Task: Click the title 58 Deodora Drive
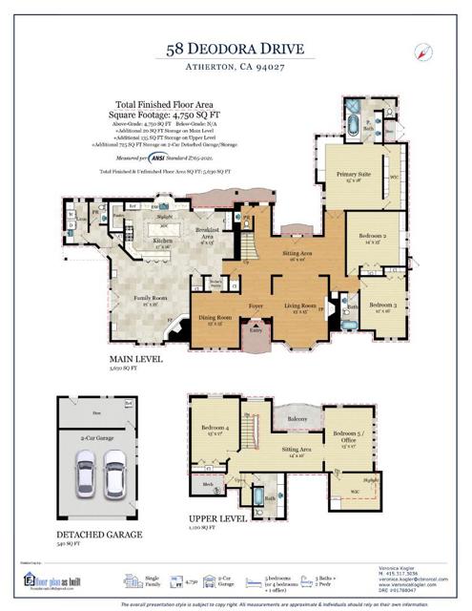click(236, 48)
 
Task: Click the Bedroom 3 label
click(383, 305)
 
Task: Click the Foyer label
click(256, 305)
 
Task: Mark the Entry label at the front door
click(256, 330)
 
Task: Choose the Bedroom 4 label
click(214, 429)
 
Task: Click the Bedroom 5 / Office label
click(347, 440)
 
